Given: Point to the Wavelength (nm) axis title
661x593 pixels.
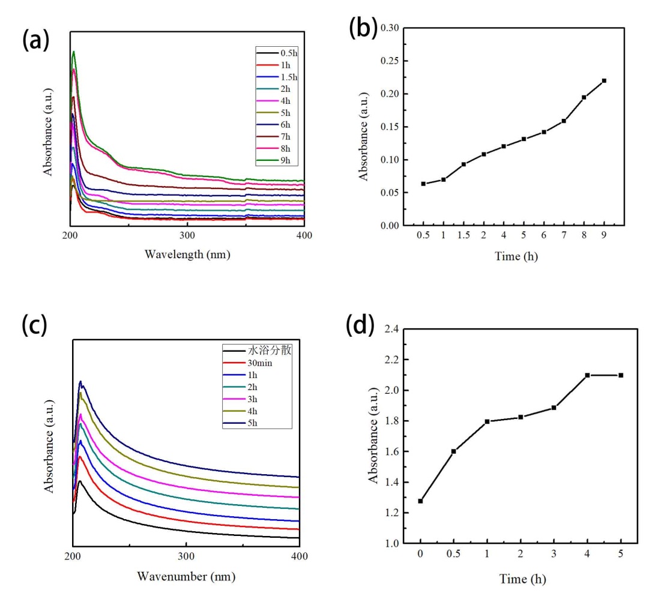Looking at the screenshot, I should coord(187,254).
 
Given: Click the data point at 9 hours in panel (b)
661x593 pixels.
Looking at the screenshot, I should coord(604,80).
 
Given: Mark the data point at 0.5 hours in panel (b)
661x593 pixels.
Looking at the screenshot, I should coord(423,184).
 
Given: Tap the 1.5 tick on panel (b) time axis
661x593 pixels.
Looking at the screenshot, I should coord(463,236).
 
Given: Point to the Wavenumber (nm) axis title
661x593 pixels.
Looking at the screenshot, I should coord(186,577).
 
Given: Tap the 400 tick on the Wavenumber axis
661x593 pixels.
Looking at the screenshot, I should coord(300,556).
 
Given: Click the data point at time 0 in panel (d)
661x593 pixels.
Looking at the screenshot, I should coord(420,501).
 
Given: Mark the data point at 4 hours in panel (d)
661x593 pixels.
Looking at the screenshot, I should coord(587,375).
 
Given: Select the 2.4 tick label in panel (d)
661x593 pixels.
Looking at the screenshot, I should coord(393,330).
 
